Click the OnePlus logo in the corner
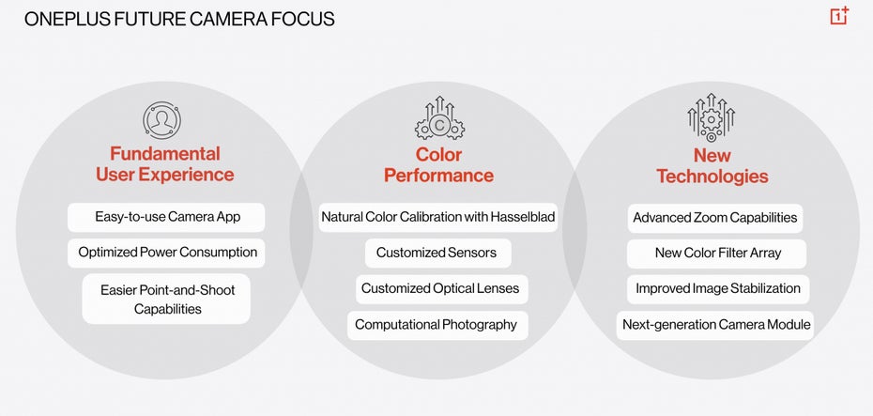pyautogui.click(x=839, y=16)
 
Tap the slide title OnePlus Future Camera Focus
pyautogui.click(x=179, y=19)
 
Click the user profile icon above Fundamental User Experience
pyautogui.click(x=162, y=120)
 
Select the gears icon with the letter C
pyautogui.click(x=439, y=118)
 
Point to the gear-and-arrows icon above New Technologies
pyautogui.click(x=711, y=118)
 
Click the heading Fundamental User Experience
pyautogui.click(x=165, y=163)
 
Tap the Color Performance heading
pyautogui.click(x=438, y=165)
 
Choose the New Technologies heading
pyautogui.click(x=712, y=166)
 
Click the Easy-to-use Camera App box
pyautogui.click(x=166, y=217)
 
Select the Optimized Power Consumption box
pyautogui.click(x=166, y=253)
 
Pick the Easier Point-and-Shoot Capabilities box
pyautogui.click(x=166, y=299)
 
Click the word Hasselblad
pyautogui.click(x=522, y=217)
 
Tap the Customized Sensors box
pyautogui.click(x=438, y=253)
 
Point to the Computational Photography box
pyautogui.click(x=437, y=325)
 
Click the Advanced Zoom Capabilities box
pyautogui.click(x=715, y=218)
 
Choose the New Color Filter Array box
pyautogui.click(x=716, y=254)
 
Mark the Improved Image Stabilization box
pyautogui.click(x=718, y=289)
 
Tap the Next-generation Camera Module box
pyautogui.click(x=715, y=326)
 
